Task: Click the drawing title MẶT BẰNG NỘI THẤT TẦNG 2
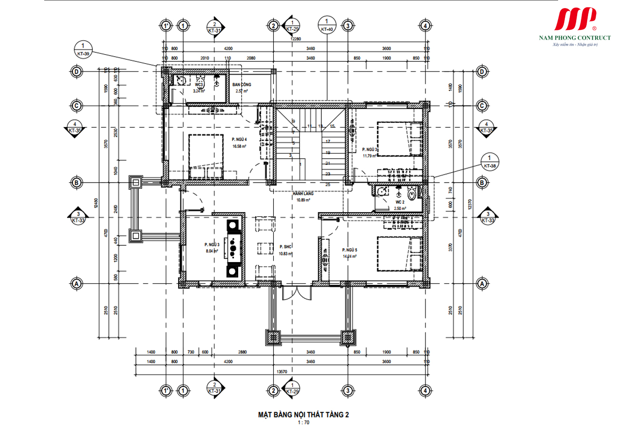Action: (303, 415)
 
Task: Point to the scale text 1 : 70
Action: (303, 422)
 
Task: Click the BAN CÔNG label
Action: (241, 84)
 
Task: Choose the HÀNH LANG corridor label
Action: (303, 194)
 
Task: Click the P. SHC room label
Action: (286, 247)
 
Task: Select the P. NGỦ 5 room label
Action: (349, 250)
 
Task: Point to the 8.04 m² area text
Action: (212, 251)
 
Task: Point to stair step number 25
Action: (328, 184)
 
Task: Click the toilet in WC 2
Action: (413, 194)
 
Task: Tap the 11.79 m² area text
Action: (369, 156)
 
